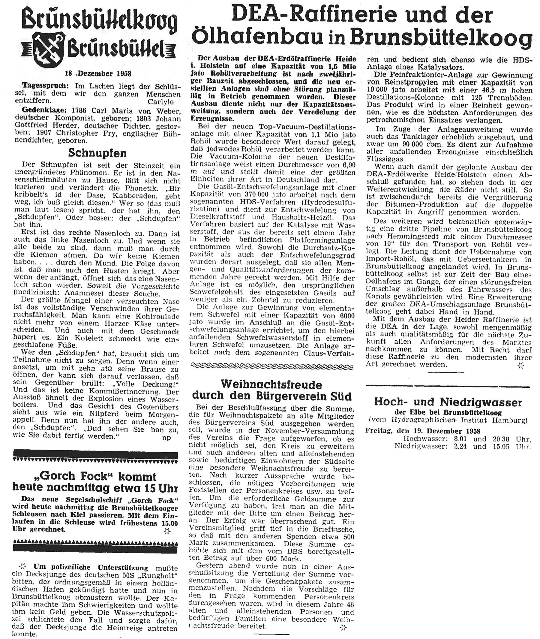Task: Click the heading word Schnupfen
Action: [97, 152]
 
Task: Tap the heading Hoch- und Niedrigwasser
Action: [448, 402]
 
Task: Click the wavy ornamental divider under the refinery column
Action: [272, 366]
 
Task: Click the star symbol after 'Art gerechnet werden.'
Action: [520, 365]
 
